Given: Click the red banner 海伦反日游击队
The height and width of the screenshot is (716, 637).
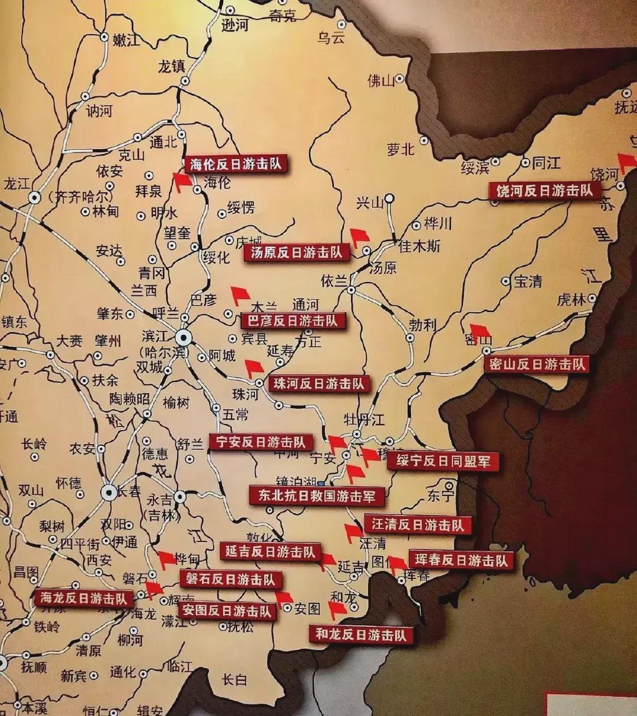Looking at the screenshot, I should tap(235, 164).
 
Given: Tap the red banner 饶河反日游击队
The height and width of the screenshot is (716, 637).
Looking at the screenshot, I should tap(544, 191).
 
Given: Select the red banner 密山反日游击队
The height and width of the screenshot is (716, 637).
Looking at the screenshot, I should tap(536, 365).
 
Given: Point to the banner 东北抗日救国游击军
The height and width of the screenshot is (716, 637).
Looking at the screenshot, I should tap(317, 496).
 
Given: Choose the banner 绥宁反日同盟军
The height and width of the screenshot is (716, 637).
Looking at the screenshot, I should tap(442, 461).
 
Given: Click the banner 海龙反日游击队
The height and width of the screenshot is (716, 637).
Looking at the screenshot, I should tap(84, 598).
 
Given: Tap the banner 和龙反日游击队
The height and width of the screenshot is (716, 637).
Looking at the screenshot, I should tap(361, 634).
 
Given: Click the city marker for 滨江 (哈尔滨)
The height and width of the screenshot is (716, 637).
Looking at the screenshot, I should tap(183, 337).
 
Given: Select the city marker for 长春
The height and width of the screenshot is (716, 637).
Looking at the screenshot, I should tap(108, 492).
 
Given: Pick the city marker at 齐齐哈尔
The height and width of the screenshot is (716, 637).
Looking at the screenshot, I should tap(35, 197).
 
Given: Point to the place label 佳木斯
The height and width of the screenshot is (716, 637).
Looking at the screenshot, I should tap(419, 246).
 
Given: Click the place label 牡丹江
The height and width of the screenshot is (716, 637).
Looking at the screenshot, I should tap(364, 419).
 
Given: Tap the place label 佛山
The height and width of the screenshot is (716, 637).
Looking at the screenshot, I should tap(381, 81).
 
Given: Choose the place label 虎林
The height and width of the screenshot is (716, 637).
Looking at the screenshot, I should tap(571, 300).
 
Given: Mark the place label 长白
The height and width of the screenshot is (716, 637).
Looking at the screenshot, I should tap(234, 680).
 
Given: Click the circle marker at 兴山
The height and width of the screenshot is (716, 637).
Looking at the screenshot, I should tap(390, 198).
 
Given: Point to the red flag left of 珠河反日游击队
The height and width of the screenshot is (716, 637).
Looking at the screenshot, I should tap(254, 368).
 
